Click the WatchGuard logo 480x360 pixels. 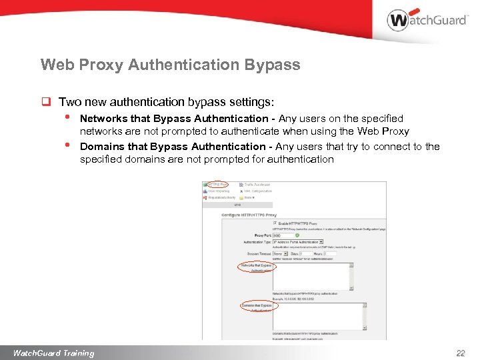(427, 19)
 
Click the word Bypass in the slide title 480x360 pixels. (273, 65)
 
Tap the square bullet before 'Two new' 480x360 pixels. (47, 102)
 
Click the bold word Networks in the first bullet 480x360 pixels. (104, 119)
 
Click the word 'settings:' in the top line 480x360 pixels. (252, 102)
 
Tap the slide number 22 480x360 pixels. (460, 353)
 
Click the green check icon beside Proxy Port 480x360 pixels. (297, 235)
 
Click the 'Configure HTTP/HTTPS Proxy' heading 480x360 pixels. (249, 214)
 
